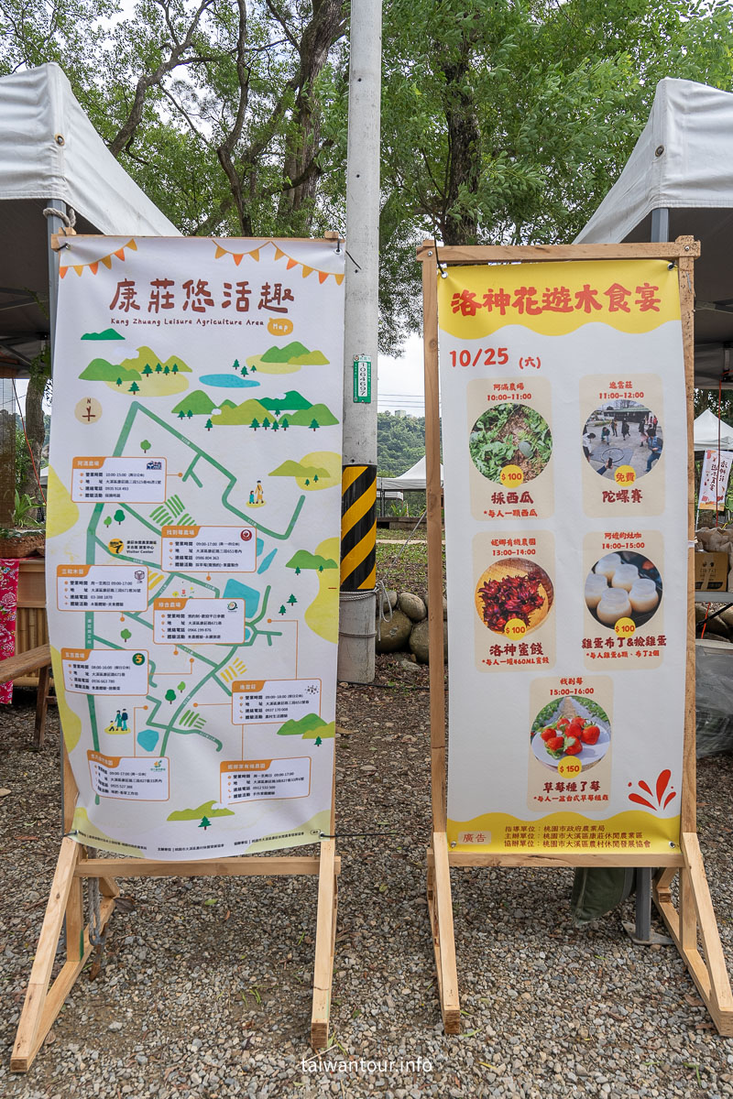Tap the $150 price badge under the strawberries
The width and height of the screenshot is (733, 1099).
570,767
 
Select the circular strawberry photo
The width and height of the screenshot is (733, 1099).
570,731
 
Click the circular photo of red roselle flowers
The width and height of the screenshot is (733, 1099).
513,596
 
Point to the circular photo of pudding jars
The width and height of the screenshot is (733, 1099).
623,588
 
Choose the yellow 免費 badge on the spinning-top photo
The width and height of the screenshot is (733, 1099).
625,477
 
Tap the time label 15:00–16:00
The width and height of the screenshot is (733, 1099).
570,692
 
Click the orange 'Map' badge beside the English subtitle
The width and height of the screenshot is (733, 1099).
280,326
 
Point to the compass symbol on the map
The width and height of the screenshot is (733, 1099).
88,410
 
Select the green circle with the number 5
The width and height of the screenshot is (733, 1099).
140,658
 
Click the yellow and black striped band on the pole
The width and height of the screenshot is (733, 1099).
358,527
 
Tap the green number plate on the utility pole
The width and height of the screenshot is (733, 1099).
362,378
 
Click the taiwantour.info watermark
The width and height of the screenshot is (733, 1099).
366,1065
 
